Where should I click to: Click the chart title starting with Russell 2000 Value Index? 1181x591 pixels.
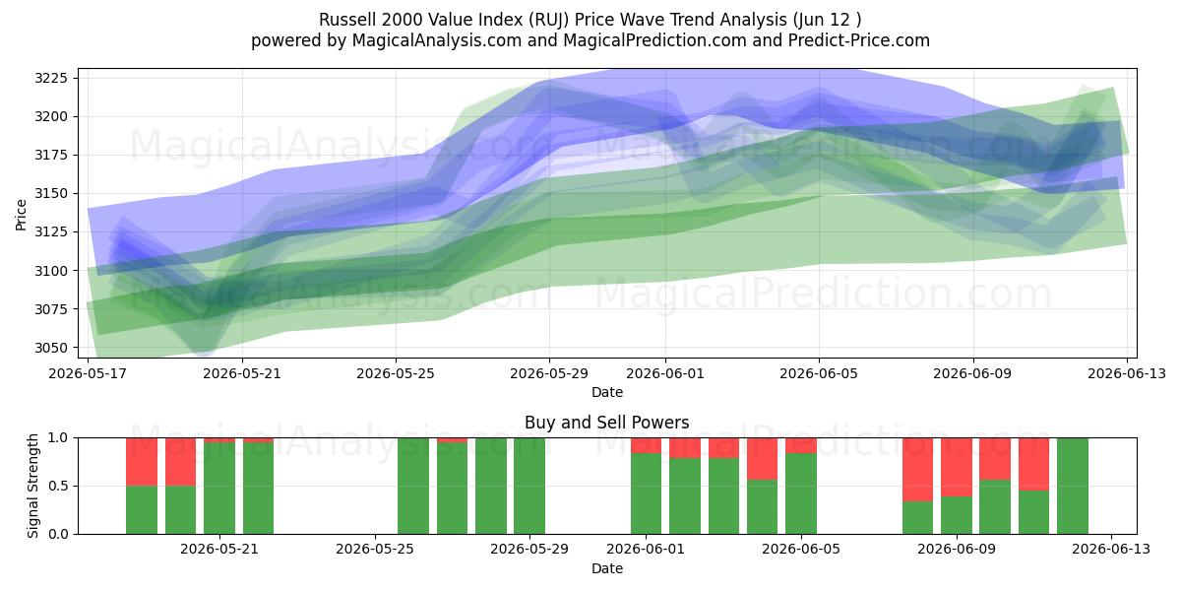[590, 20]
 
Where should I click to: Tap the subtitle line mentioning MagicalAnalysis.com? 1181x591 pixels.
[590, 40]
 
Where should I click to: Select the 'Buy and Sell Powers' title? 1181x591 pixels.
[607, 423]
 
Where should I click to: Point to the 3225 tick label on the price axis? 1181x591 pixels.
[51, 78]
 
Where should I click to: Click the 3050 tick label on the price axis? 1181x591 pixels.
[51, 348]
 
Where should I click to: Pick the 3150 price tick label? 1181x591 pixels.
[51, 194]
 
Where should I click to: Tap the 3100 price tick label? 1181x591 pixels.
[51, 271]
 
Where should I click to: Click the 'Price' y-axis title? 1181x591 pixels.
[21, 215]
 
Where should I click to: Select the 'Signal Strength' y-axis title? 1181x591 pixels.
[32, 486]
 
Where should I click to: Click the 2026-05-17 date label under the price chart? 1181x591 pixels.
[88, 373]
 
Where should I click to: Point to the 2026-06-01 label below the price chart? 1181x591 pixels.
[665, 373]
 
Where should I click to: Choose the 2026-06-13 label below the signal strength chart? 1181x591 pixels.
[1111, 550]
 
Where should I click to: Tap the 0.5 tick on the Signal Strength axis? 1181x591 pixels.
[58, 486]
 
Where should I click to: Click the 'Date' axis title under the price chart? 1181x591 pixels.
[607, 392]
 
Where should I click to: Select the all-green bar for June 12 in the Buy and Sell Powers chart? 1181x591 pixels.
[1073, 486]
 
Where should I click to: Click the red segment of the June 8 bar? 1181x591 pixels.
[917, 470]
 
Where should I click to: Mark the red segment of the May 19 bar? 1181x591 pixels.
[142, 462]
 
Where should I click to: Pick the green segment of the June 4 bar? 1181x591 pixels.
[763, 507]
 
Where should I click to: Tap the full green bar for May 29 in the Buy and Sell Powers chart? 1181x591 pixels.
[529, 486]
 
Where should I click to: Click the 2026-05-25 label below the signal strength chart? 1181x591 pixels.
[375, 550]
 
